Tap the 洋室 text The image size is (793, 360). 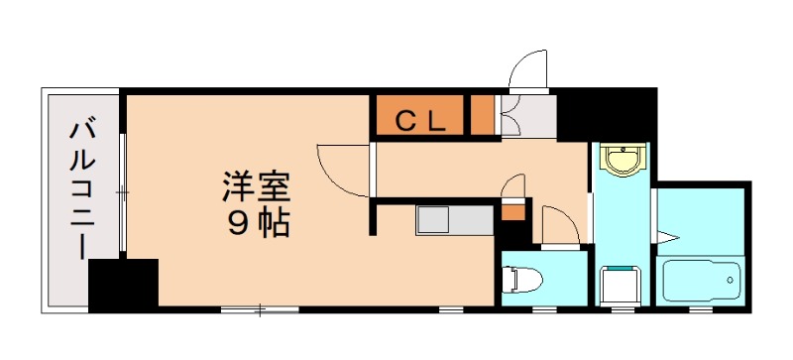click(x=256, y=185)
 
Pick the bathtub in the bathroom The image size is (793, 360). click(x=701, y=283)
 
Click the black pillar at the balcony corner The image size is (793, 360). click(x=123, y=285)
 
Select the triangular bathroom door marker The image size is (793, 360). click(x=669, y=237)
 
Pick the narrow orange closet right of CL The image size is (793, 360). click(x=482, y=116)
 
